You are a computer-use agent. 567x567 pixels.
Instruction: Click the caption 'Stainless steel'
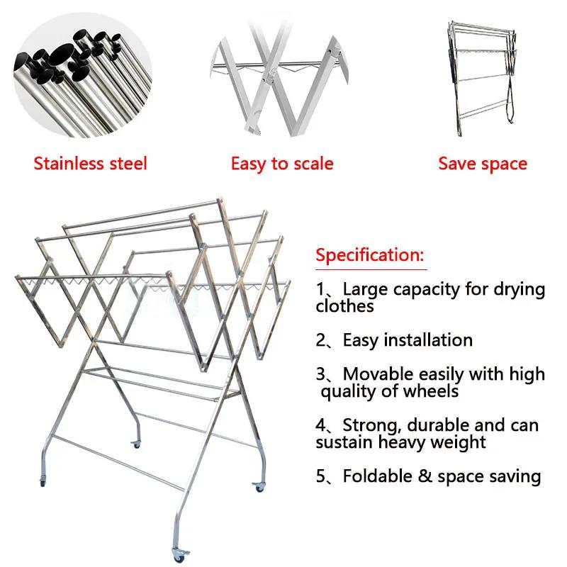[90, 164]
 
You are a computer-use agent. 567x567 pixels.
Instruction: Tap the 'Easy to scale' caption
[281, 164]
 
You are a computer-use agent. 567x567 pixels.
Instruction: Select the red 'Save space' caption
[483, 164]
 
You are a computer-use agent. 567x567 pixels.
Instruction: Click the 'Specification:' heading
[370, 255]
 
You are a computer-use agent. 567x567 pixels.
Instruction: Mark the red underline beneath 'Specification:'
[371, 269]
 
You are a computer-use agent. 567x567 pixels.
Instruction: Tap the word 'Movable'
[378, 374]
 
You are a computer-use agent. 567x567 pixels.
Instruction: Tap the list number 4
[322, 425]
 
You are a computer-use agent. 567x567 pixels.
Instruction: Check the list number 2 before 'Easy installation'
[322, 340]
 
